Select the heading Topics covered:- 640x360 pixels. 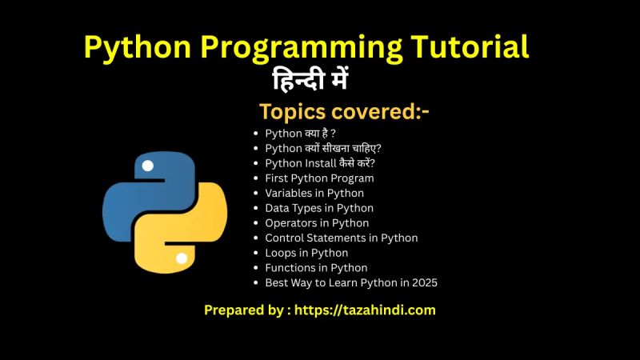[344, 112]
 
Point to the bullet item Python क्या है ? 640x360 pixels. [300, 134]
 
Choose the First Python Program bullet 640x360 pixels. [319, 178]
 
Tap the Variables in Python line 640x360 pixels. [314, 193]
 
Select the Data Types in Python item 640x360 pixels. [319, 208]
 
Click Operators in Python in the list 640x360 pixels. [317, 223]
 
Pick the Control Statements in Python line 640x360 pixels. [341, 238]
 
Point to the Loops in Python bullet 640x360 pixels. [306, 253]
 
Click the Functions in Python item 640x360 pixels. [316, 268]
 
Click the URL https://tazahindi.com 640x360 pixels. [366, 310]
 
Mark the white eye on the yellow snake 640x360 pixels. [182, 258]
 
